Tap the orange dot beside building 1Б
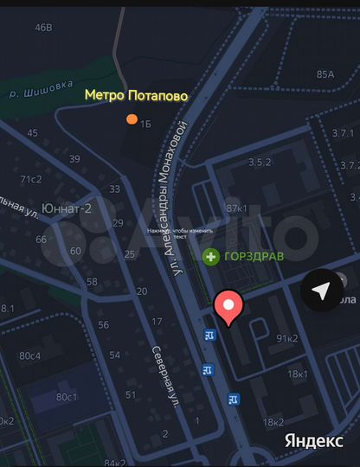click(x=132, y=119)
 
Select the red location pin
click(x=229, y=307)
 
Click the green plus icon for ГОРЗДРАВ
click(x=210, y=256)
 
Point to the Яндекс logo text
click(x=313, y=440)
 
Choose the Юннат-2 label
click(x=68, y=208)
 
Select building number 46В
click(x=43, y=27)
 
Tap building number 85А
click(x=325, y=74)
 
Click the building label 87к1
click(x=236, y=208)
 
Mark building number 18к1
click(x=297, y=374)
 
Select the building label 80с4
click(x=30, y=355)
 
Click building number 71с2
click(x=31, y=179)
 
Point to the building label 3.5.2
click(x=260, y=162)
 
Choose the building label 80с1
click(x=66, y=397)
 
